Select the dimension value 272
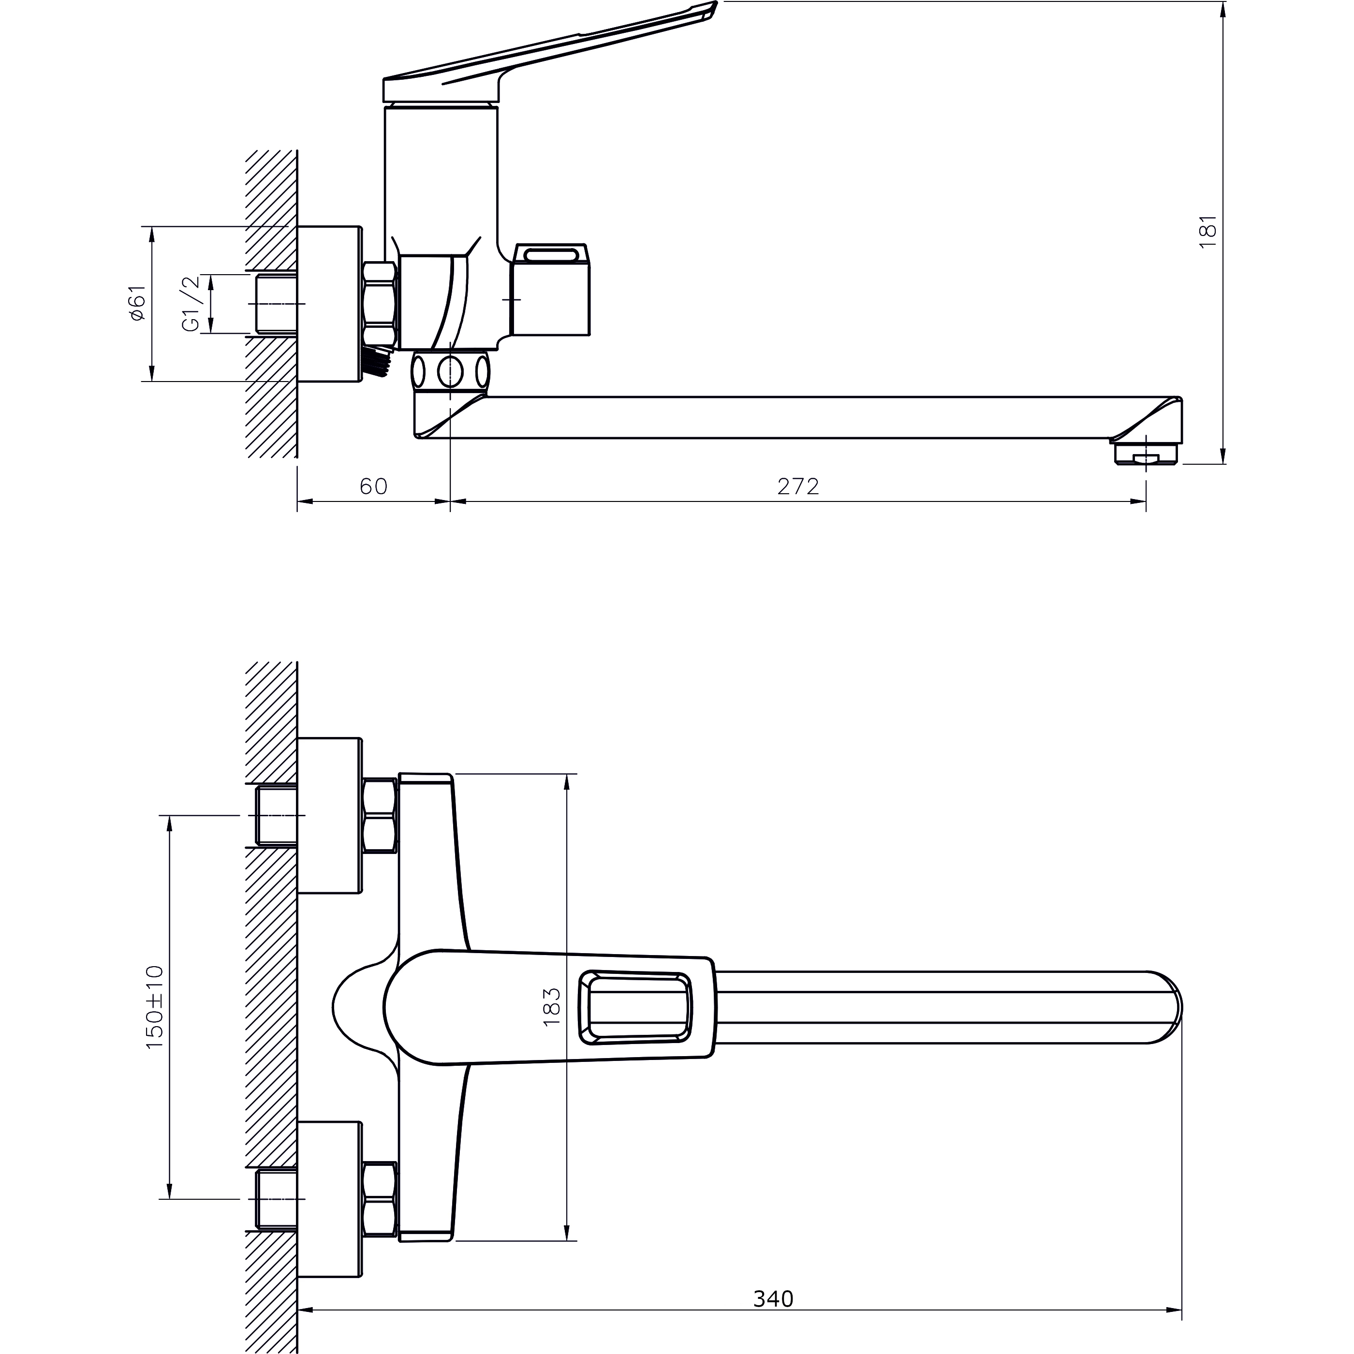(798, 486)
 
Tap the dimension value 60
(373, 486)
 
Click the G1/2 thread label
(191, 304)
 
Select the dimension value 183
(552, 1007)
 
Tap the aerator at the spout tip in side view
(1146, 452)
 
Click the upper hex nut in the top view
(380, 816)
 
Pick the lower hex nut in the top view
(380, 1199)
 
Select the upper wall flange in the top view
(329, 816)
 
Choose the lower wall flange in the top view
(329, 1199)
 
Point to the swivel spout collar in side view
(450, 371)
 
